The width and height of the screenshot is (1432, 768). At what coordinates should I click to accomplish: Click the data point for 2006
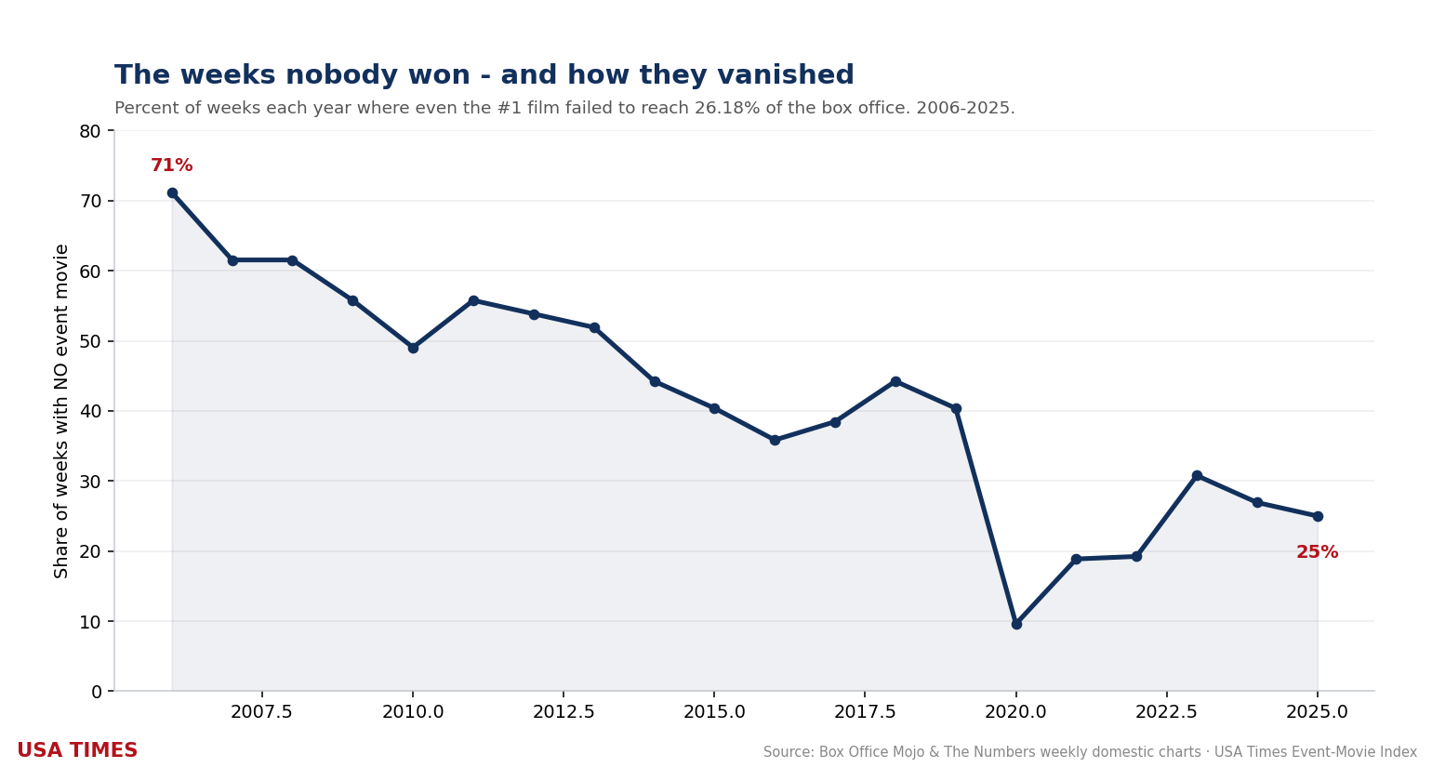pos(172,193)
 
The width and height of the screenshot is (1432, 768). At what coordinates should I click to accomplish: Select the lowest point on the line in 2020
pos(1016,624)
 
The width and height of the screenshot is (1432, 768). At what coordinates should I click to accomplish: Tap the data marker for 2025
pos(1318,516)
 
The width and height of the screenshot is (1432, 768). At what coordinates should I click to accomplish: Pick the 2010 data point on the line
pos(413,348)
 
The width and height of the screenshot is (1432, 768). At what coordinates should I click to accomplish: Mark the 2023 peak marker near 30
pos(1197,476)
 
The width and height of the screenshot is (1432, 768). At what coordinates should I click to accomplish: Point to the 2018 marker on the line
pos(895,382)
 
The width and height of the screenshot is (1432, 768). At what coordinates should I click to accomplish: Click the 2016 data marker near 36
pos(775,440)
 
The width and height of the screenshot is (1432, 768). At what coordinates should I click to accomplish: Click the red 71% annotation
pos(171,165)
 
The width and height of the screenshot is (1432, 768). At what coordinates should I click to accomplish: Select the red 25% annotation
pos(1317,552)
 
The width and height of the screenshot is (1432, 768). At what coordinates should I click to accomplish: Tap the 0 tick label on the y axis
pos(97,692)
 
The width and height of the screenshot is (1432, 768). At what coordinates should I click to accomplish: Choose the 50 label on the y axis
pos(90,341)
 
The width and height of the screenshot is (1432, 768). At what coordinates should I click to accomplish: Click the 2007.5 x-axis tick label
pos(261,711)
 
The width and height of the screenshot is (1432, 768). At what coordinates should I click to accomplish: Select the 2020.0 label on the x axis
pos(1015,711)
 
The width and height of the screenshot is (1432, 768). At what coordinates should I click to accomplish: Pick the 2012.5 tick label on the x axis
pos(564,711)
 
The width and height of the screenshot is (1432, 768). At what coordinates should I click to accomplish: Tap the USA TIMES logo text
pos(77,750)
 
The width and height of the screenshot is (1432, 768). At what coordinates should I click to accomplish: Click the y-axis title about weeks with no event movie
pos(60,411)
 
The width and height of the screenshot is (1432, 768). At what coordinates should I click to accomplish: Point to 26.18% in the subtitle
pos(727,108)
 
